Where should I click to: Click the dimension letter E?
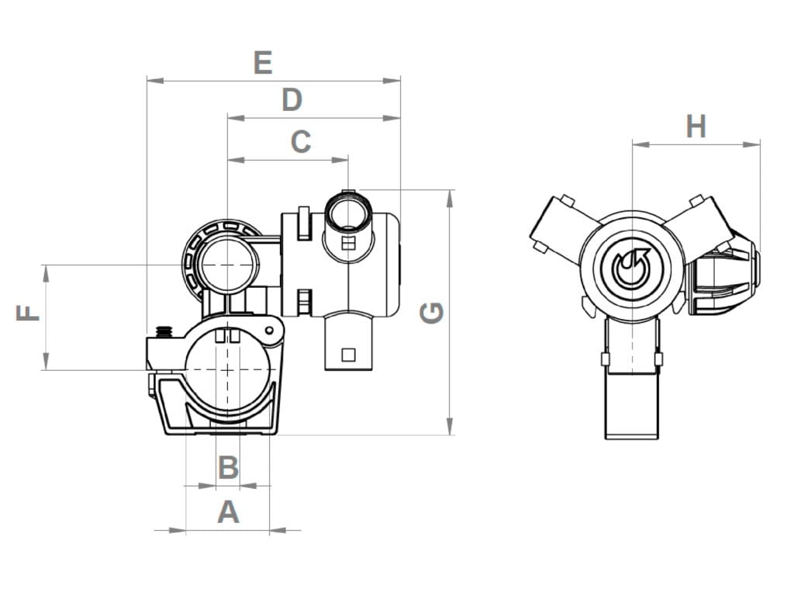(264, 62)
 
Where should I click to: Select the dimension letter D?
(292, 100)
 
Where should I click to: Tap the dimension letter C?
(301, 142)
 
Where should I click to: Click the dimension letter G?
(432, 313)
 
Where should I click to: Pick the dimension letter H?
(696, 126)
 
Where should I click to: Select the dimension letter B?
(228, 468)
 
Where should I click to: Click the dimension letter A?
(228, 512)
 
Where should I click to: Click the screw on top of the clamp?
(164, 332)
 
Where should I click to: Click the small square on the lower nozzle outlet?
(348, 355)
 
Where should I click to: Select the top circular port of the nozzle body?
(347, 211)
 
